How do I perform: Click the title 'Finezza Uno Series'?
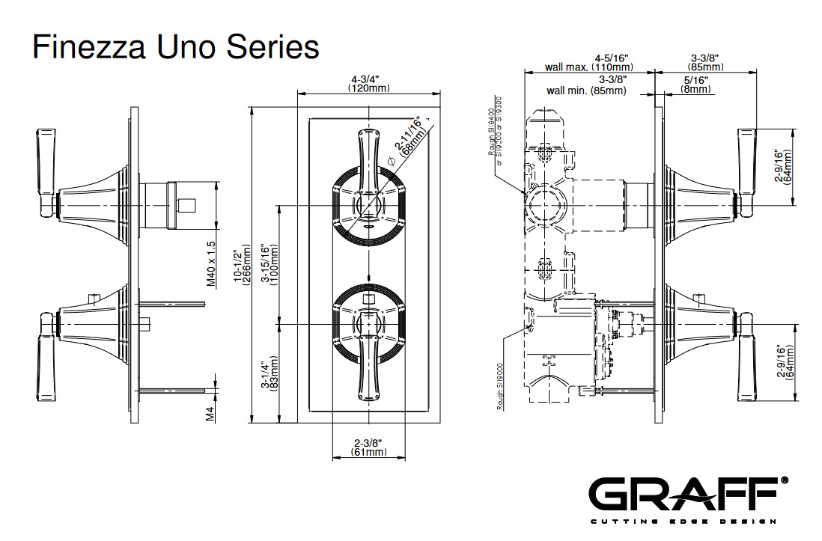175,47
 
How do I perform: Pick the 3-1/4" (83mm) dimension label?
270,372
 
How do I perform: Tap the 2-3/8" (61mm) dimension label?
369,447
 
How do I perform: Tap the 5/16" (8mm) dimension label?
695,84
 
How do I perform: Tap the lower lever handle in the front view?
368,367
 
